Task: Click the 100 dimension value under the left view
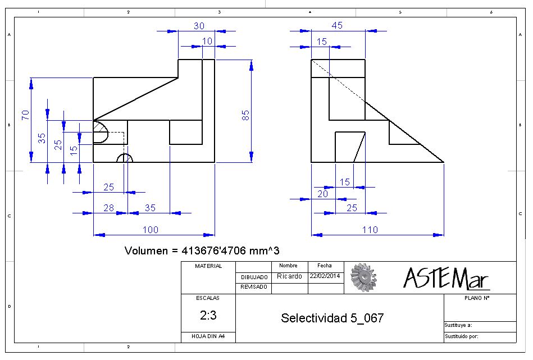click(x=151, y=230)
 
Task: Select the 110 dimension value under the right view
click(x=370, y=230)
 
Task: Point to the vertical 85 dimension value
click(x=245, y=115)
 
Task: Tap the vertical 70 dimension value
click(x=25, y=115)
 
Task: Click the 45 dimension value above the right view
click(x=337, y=25)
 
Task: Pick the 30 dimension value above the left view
click(x=199, y=26)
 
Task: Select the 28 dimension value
click(x=108, y=208)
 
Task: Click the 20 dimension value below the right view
click(x=322, y=194)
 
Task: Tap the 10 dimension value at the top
click(x=207, y=41)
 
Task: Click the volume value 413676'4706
click(x=213, y=251)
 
